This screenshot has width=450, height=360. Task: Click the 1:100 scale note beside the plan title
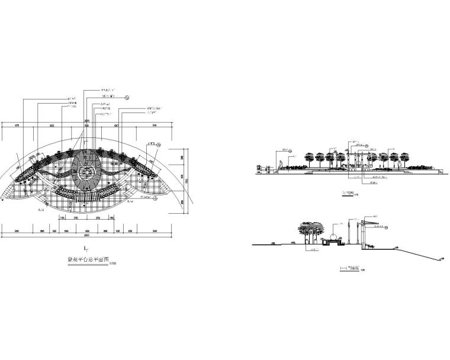pyautogui.click(x=114, y=263)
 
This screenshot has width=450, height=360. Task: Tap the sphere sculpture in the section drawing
pyautogui.click(x=335, y=239)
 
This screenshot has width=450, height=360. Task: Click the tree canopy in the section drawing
pyautogui.click(x=309, y=227)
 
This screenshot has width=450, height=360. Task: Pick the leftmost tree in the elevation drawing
pyautogui.click(x=310, y=157)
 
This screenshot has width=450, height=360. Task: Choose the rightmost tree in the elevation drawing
pyautogui.click(x=405, y=157)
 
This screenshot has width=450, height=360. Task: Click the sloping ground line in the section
pyautogui.click(x=409, y=251)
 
